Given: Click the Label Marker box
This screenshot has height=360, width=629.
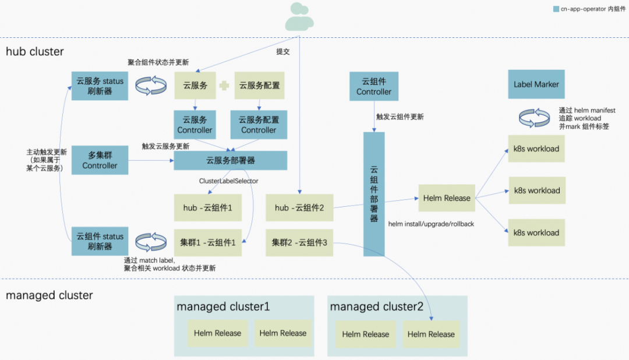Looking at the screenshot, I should coord(536,84).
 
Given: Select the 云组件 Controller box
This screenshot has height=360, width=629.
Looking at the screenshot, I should coord(374,86).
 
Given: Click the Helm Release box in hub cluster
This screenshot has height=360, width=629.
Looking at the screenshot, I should coord(447,198).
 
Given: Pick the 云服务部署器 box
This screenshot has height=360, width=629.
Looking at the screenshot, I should coord(231,160).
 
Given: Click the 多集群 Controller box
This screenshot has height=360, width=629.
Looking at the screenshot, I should coord(100,160).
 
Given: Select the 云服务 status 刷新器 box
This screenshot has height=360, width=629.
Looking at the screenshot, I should coord(100,86).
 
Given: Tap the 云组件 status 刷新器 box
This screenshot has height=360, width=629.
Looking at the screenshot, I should coord(100,241).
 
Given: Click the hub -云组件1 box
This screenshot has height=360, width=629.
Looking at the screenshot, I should coord(208,208).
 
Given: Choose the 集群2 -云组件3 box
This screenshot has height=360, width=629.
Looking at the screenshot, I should coord(299,243).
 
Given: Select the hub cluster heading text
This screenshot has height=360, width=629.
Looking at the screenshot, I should coord(35,51).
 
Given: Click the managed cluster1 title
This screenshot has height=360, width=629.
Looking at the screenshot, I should coord(223,306).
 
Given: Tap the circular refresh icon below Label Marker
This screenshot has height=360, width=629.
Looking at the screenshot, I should coord(534,118).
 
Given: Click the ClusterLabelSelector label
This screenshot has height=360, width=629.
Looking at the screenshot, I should coord(228,181).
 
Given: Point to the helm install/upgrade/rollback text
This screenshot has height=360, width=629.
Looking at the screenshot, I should coord(430,223).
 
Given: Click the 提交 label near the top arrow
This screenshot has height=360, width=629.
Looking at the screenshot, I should coord(283,51).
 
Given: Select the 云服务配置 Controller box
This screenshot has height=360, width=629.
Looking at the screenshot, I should coord(259,125).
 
